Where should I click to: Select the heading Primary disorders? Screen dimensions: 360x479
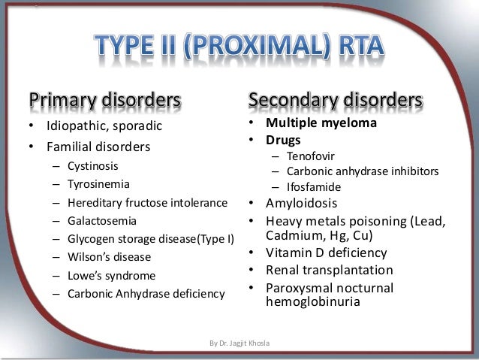(105, 101)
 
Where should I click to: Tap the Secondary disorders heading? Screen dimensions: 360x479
(335, 101)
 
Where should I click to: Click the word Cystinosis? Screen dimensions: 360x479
(92, 165)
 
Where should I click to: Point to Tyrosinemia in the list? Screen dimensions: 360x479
(98, 183)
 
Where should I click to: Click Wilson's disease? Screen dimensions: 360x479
(109, 257)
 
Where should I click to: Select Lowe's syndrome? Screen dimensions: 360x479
(111, 276)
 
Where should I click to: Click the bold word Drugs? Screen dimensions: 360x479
(283, 141)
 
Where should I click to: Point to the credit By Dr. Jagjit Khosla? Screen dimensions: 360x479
(239, 343)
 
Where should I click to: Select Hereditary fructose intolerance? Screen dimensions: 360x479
(147, 202)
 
